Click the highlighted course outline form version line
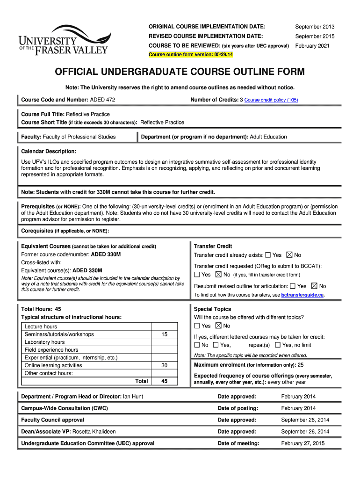[190, 55]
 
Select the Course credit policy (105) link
[271, 100]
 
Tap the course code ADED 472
[102, 100]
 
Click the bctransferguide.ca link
[302, 295]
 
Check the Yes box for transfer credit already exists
[268, 255]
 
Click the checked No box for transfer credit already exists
[289, 255]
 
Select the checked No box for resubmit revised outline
[314, 286]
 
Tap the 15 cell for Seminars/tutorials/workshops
[164, 334]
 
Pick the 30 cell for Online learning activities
[164, 365]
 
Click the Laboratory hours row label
[44, 342]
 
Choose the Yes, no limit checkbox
[278, 345]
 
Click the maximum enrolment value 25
[301, 365]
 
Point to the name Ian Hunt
[133, 397]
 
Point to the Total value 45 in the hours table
[164, 381]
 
